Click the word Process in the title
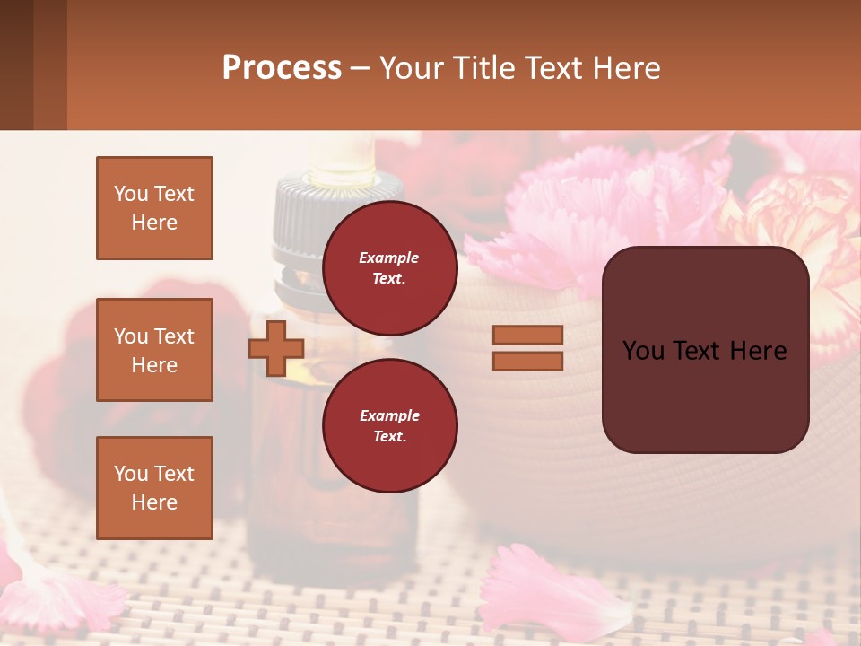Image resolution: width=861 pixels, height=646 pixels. coord(282,67)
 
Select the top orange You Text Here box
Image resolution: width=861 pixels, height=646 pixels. coord(154,208)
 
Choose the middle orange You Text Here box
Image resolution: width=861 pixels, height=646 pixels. coord(154,350)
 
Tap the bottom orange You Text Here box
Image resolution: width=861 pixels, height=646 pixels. coord(154,487)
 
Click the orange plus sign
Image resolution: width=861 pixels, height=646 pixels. coord(275,348)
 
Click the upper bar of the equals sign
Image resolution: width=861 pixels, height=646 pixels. coord(527,335)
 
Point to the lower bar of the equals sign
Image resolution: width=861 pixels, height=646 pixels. coord(527,361)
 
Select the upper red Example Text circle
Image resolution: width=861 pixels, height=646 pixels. coord(389,267)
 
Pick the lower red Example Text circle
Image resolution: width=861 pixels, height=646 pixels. coord(389,425)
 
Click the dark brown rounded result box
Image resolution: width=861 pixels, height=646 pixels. coord(705,350)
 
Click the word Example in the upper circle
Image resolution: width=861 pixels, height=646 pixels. coord(388,258)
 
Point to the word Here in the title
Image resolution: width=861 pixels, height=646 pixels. coord(627,67)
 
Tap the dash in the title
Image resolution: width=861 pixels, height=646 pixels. coord(361,68)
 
